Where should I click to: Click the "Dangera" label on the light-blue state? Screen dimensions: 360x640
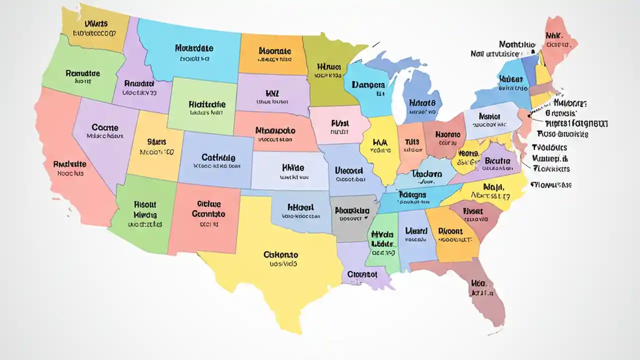click(368, 85)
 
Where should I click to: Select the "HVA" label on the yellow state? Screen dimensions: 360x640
click(380, 142)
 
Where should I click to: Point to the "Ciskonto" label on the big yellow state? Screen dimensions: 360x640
click(280, 254)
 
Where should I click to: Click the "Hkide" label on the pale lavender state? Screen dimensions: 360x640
click(293, 168)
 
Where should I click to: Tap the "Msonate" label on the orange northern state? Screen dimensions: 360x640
click(274, 50)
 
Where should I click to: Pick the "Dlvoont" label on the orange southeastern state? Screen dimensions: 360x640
click(450, 231)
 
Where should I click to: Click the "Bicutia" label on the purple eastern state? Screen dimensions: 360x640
click(497, 161)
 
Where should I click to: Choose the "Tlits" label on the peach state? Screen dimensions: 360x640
click(412, 141)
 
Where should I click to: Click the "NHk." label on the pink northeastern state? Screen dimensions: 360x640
click(554, 36)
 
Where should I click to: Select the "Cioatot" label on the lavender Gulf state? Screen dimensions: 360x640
click(361, 274)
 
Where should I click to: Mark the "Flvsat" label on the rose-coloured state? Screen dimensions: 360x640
click(473, 211)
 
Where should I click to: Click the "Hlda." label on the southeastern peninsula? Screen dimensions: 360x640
click(479, 283)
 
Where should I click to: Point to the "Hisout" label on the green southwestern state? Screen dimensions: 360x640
click(145, 204)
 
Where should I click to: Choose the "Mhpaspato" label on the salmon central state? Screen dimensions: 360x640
click(275, 130)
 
